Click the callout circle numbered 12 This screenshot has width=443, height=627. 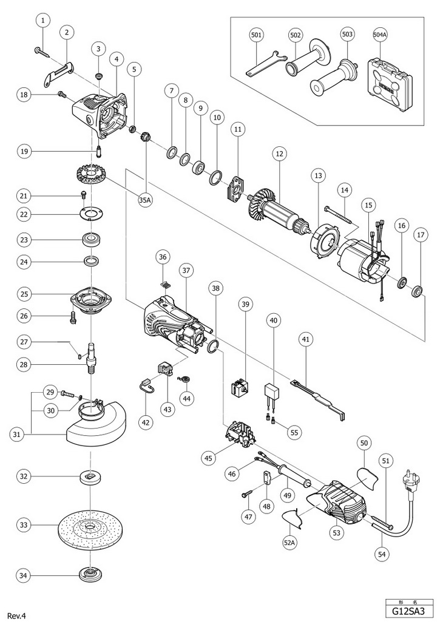279,154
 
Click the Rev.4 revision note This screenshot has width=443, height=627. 16,615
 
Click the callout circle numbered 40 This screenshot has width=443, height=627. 274,320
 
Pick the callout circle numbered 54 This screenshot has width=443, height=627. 382,554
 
